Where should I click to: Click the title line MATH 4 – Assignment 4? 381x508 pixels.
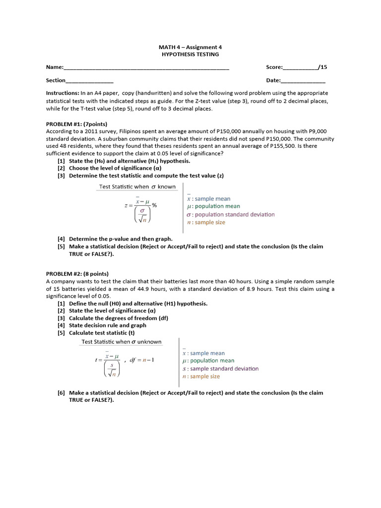[190, 47]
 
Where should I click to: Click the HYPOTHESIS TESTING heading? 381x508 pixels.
[190, 54]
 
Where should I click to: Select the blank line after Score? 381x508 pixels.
[300, 68]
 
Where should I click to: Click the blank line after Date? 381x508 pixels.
[303, 81]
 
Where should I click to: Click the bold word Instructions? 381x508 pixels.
[63, 93]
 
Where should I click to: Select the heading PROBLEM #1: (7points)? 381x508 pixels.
[76, 124]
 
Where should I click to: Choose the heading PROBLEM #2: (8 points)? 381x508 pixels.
[77, 273]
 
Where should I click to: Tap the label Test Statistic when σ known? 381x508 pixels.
[137, 187]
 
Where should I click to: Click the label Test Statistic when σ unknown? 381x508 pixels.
[122, 342]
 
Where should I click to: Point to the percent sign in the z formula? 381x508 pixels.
[154, 205]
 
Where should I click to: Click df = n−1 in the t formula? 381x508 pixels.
[141, 360]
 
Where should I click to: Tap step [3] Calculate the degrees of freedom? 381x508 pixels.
[119, 318]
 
